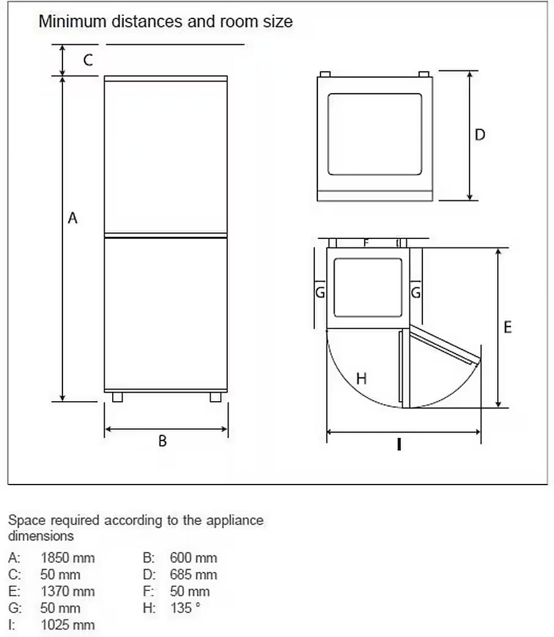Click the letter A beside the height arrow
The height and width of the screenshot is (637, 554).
(72, 218)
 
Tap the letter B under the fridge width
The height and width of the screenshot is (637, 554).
(162, 441)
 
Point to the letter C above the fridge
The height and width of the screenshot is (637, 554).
(88, 60)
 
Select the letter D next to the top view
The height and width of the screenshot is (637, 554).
(480, 135)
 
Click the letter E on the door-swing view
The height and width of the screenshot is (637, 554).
(507, 327)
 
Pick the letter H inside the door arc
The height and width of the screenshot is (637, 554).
(362, 379)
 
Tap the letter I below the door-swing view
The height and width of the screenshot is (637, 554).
(399, 445)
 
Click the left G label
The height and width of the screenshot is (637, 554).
(321, 292)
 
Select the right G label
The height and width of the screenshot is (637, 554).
(415, 292)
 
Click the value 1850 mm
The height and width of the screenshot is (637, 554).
(67, 558)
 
